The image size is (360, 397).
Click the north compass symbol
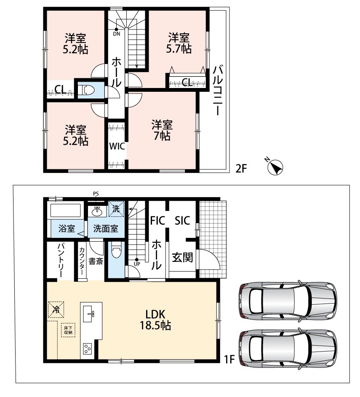(x=275, y=167)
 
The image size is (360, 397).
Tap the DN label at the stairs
(x=117, y=34)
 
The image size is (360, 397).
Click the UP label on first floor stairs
(x=137, y=264)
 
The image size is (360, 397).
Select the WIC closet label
(x=117, y=146)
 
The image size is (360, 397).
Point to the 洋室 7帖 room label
(x=162, y=131)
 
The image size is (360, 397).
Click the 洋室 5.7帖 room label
(x=179, y=43)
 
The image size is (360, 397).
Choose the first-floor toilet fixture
(x=116, y=250)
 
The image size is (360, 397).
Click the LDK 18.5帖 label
(x=155, y=320)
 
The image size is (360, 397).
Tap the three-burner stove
(x=88, y=349)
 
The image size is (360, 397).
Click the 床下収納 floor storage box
(x=68, y=330)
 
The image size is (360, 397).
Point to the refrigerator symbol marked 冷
(x=56, y=309)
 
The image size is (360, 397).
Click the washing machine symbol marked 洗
(x=116, y=209)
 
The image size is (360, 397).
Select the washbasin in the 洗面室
(x=97, y=212)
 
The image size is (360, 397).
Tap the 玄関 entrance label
(x=183, y=257)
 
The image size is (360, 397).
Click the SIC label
(x=182, y=221)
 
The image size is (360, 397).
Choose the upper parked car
(x=288, y=301)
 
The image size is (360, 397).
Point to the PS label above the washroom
(x=96, y=194)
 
